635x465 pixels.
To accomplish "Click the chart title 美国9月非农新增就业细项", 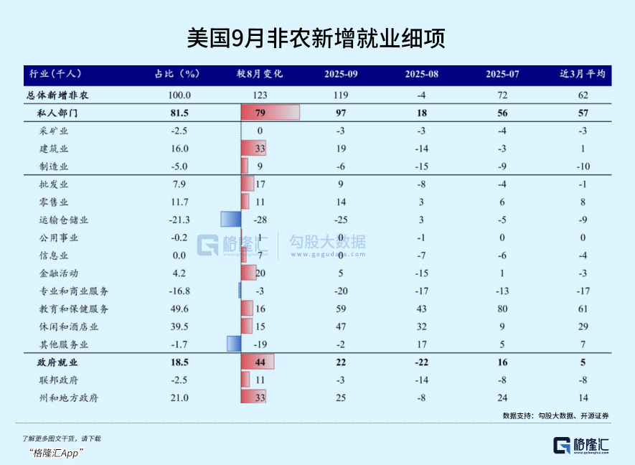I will pos(316,38).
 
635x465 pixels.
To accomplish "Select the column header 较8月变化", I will pos(260,74).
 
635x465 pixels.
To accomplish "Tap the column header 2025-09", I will pos(341,74).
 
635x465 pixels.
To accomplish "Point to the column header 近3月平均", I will pos(582,74).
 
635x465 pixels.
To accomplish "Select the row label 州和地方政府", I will pos(70,398).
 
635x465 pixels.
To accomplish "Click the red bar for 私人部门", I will pos(270,113).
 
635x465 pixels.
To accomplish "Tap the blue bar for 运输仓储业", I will pos(230,220).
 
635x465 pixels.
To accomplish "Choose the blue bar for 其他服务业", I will pos(233,344).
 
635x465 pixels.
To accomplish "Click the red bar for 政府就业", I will pos(258,362).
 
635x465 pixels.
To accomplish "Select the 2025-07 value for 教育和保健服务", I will pos(502,309).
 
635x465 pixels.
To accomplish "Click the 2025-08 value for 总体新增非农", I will pos(422,95).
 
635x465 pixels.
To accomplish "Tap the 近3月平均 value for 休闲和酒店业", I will pos(583,327).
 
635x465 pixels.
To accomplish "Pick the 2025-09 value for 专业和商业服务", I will pos(341,291).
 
